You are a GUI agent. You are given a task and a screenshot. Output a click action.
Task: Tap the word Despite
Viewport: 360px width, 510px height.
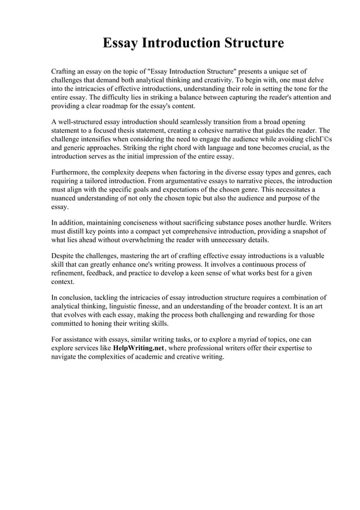[64, 255]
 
